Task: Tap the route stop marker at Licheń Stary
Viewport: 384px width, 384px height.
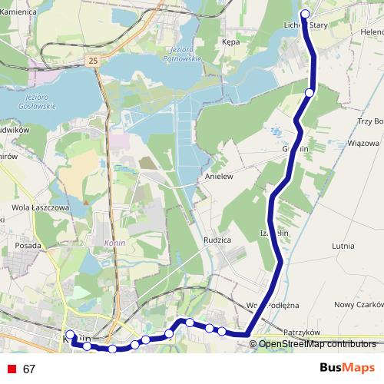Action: tap(305, 14)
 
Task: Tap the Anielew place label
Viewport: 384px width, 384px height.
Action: tap(218, 177)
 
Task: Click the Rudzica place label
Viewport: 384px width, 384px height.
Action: tap(219, 240)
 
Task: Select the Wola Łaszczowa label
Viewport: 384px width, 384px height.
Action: tap(41, 207)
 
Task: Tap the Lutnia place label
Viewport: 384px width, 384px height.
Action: tap(342, 247)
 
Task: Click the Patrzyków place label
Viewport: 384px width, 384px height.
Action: tap(301, 333)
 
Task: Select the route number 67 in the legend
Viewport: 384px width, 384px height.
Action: tap(29, 369)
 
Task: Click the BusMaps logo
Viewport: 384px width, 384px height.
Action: tap(347, 368)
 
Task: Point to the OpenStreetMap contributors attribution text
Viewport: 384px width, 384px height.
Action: tap(316, 344)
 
